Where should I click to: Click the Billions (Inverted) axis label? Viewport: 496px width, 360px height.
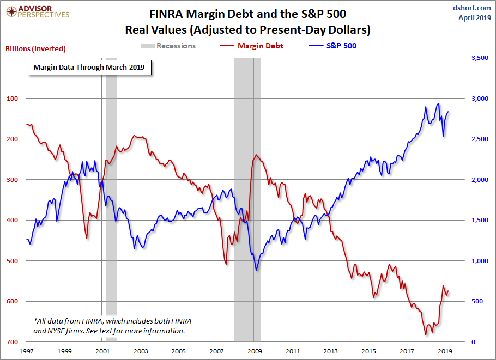point(35,48)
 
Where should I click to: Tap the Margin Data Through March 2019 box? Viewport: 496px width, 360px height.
point(89,68)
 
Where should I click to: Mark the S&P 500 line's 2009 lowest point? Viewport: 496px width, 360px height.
point(257,270)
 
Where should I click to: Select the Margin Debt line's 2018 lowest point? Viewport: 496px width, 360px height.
point(426,335)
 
